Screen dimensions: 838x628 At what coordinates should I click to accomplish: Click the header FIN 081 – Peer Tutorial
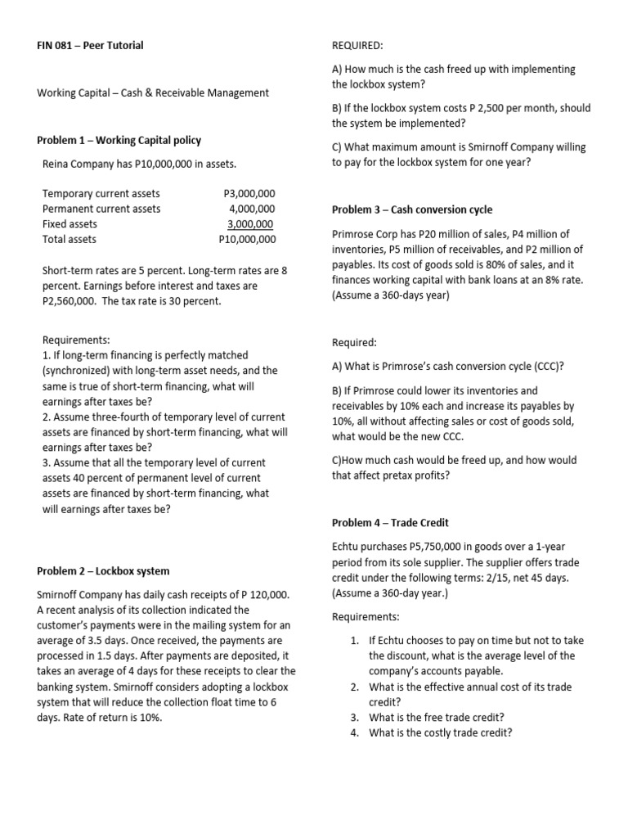[x=90, y=45]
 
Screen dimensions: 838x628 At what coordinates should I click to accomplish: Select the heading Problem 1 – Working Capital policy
[x=119, y=140]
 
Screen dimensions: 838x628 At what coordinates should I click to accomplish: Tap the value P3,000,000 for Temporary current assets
[x=249, y=193]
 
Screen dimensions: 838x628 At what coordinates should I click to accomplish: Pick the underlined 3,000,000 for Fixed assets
[x=250, y=224]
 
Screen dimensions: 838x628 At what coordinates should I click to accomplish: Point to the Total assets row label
[x=70, y=240]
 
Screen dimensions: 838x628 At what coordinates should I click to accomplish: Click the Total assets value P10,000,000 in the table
[x=247, y=240]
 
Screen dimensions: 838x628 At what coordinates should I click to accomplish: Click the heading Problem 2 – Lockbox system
[x=103, y=570]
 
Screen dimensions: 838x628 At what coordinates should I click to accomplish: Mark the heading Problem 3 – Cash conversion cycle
[x=412, y=209]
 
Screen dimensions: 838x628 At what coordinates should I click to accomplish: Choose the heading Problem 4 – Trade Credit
[x=390, y=522]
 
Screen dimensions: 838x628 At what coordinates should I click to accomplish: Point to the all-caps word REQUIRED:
[x=359, y=45]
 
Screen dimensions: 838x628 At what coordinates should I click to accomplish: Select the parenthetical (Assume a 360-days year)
[x=391, y=295]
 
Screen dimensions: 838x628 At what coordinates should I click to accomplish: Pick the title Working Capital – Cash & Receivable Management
[x=153, y=92]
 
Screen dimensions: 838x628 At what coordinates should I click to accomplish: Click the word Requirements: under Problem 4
[x=366, y=616]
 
